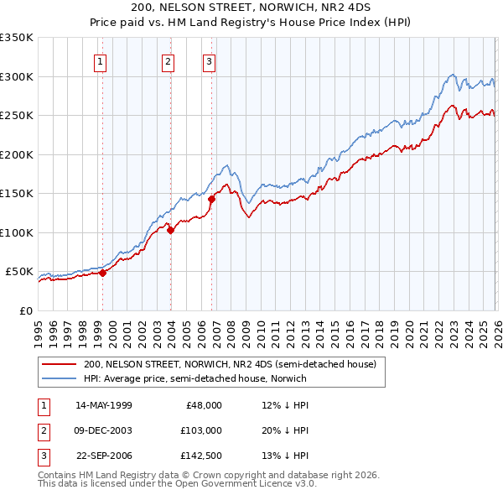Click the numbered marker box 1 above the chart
(101, 60)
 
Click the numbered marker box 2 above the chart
(169, 60)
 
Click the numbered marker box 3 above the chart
(209, 60)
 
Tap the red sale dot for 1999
(102, 273)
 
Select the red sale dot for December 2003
(170, 230)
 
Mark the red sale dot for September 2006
(211, 199)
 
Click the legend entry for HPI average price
(194, 378)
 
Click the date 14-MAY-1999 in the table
(103, 405)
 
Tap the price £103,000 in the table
(200, 430)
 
